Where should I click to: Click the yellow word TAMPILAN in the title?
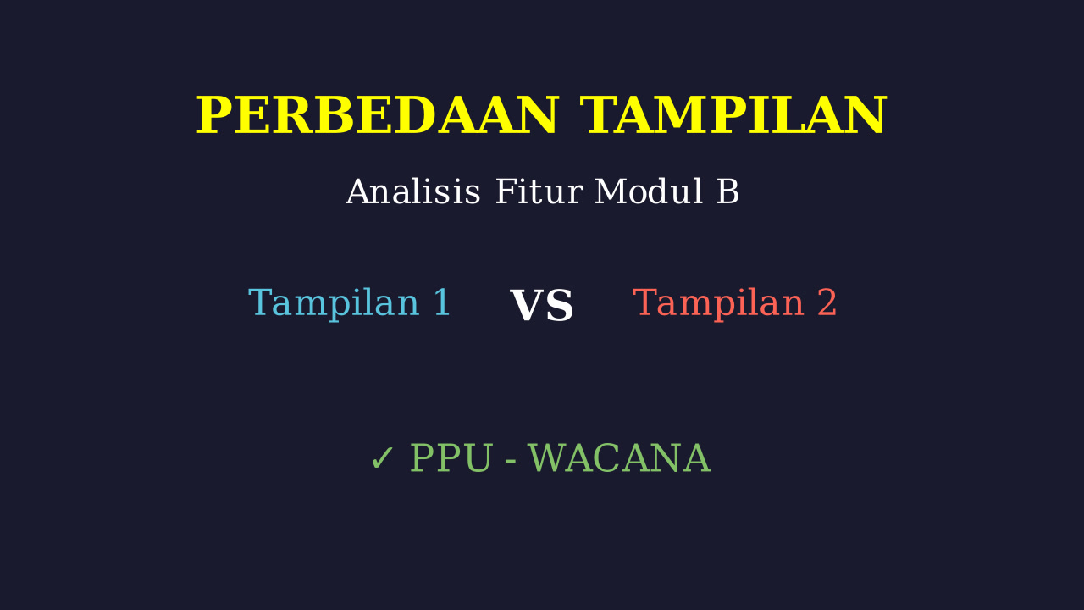(x=733, y=115)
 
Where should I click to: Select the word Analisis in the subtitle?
(x=412, y=191)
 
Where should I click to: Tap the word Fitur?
(x=539, y=191)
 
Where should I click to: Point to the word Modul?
(x=649, y=191)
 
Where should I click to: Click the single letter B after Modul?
(x=727, y=191)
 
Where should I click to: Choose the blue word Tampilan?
(x=334, y=304)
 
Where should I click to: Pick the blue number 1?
(x=442, y=302)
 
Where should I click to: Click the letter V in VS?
(x=527, y=306)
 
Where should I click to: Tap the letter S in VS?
(x=560, y=306)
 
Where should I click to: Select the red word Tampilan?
(x=718, y=304)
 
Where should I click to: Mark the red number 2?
(x=827, y=302)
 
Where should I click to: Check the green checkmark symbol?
(x=382, y=458)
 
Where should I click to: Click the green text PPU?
(x=451, y=458)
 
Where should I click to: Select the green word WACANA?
(x=619, y=458)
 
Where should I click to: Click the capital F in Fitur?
(x=505, y=191)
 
